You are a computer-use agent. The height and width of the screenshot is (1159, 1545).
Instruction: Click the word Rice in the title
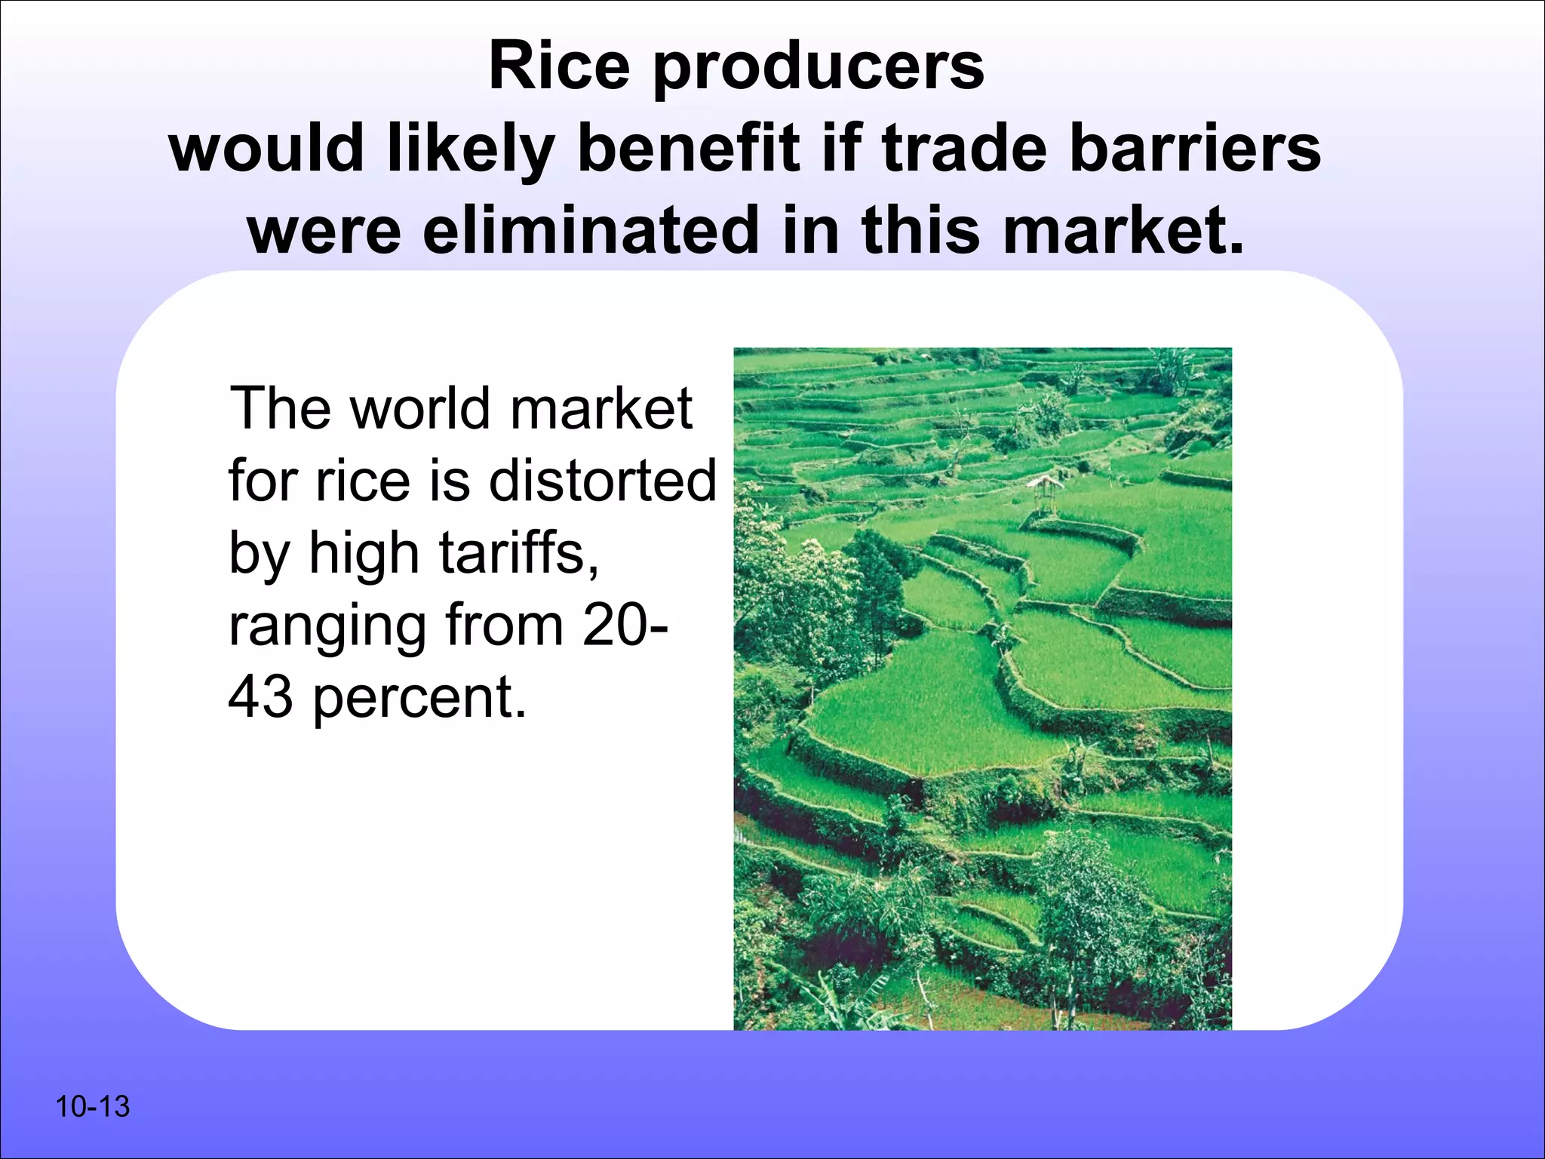(559, 66)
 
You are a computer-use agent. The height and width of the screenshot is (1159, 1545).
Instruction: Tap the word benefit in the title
(688, 149)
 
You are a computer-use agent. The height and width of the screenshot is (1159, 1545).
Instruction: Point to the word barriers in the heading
(1195, 149)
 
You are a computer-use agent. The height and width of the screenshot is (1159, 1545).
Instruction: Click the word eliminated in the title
(591, 230)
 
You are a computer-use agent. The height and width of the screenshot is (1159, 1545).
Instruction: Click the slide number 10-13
(93, 1107)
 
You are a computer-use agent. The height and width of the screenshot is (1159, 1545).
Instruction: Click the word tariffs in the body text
(519, 553)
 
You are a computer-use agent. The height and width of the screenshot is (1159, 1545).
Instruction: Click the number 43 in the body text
(260, 697)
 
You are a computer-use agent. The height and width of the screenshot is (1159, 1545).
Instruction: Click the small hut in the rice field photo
(1045, 490)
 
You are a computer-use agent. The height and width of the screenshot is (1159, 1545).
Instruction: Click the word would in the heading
(267, 149)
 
